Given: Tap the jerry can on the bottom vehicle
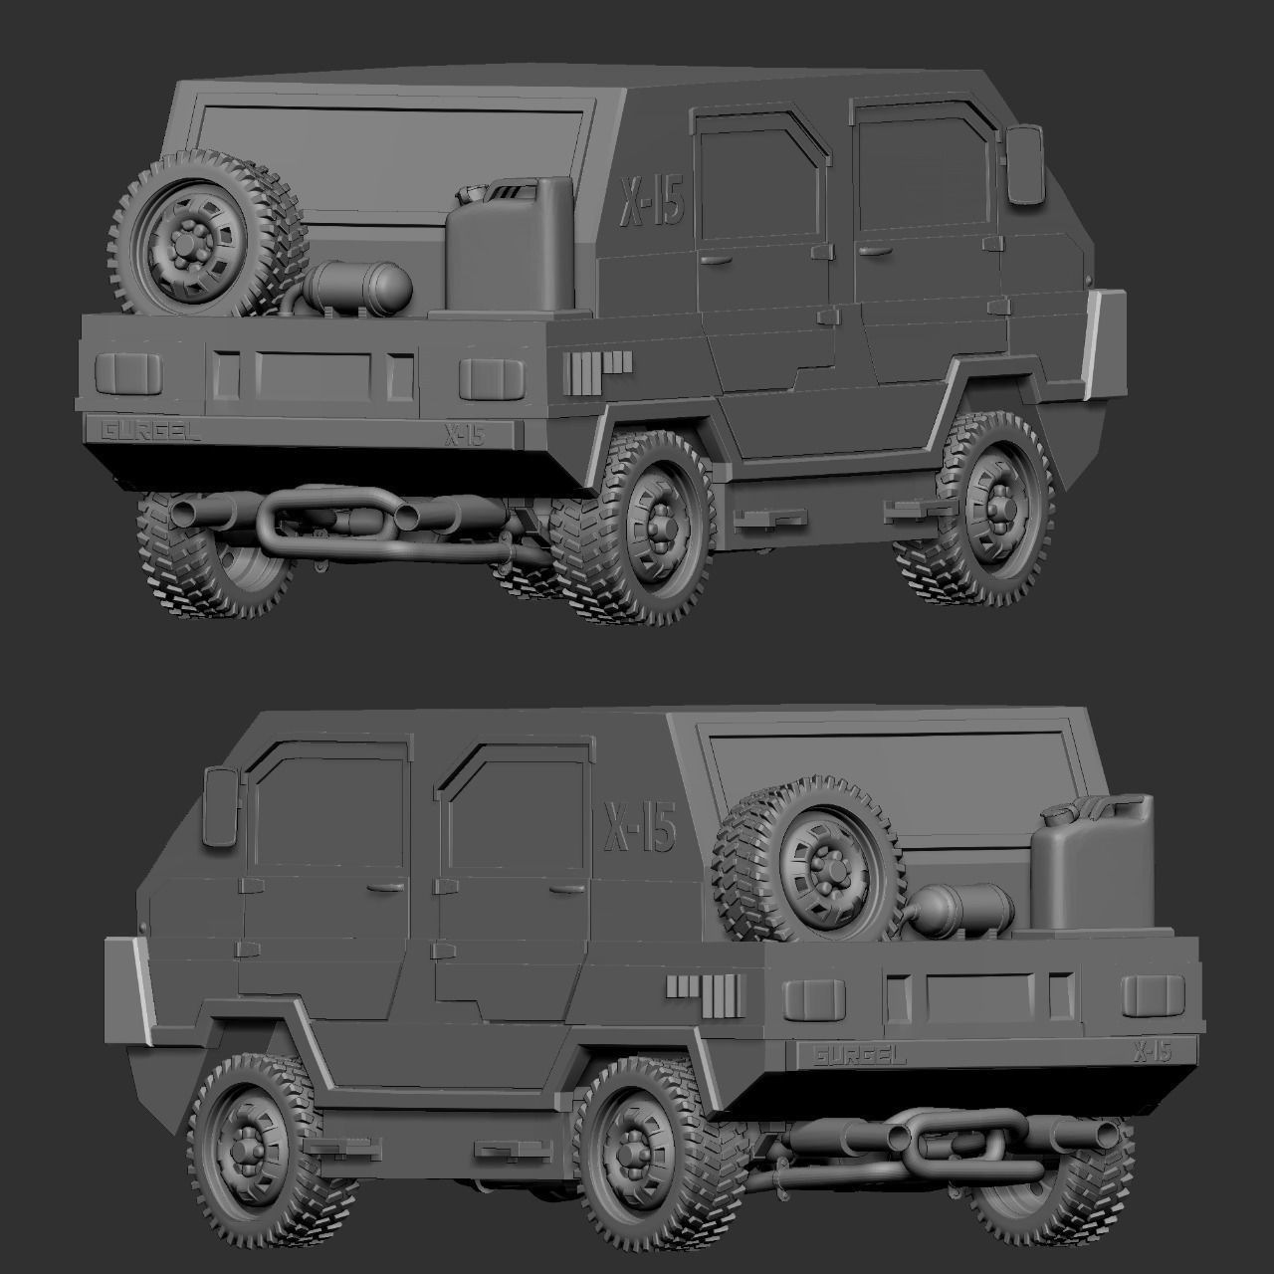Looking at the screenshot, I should [x=1090, y=871].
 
